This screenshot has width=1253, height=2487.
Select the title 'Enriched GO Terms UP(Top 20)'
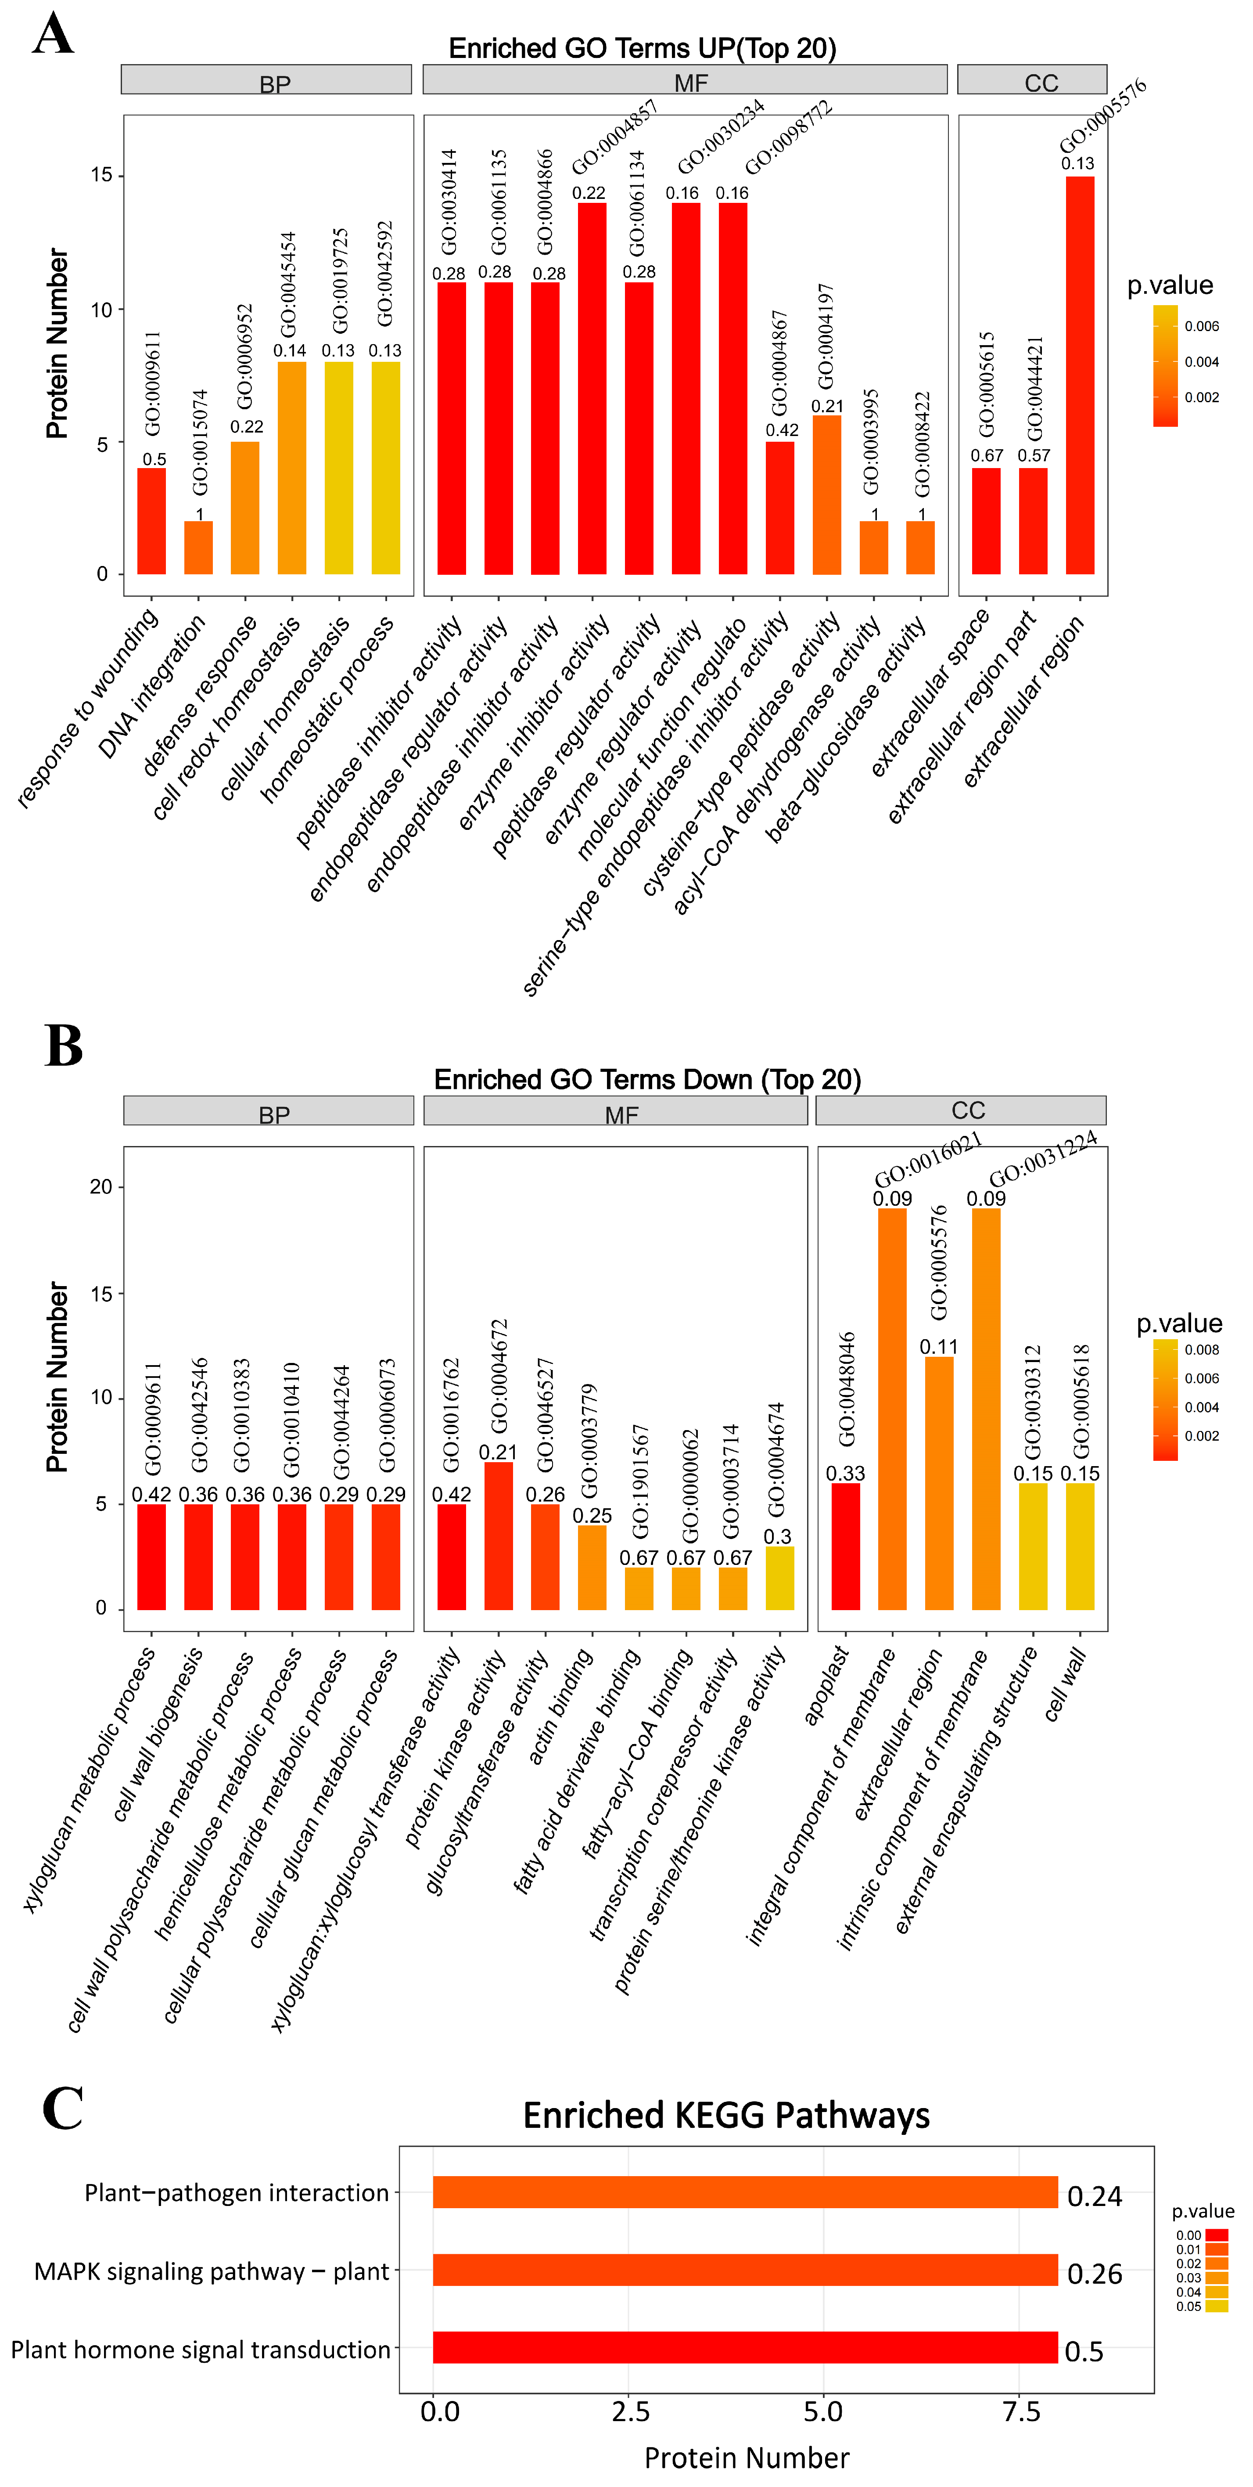(x=642, y=48)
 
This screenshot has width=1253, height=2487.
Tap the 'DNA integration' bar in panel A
(x=199, y=548)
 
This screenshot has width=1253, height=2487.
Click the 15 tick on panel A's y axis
(x=101, y=175)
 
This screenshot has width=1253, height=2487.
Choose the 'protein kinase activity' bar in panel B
(x=498, y=1535)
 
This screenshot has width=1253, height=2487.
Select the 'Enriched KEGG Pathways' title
(x=726, y=2115)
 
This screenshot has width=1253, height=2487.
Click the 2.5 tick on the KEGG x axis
(x=630, y=2411)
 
